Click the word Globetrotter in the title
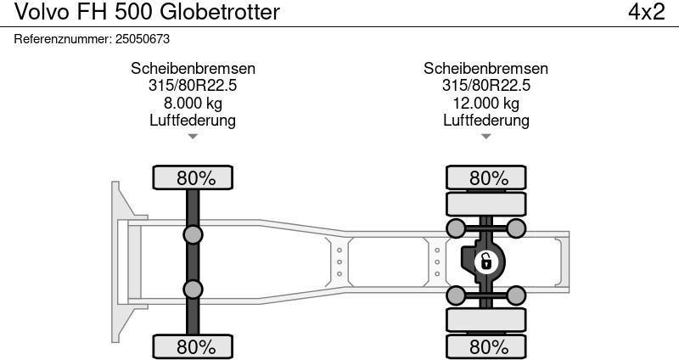click(x=220, y=12)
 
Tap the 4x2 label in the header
click(x=646, y=12)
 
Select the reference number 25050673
click(x=143, y=39)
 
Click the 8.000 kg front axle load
click(x=193, y=103)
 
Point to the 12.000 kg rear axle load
click(x=485, y=103)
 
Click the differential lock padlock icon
click(x=486, y=262)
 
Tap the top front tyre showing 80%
click(x=193, y=177)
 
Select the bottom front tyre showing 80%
click(x=193, y=346)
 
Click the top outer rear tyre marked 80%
click(x=485, y=177)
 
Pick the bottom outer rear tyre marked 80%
click(x=485, y=346)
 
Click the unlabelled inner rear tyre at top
click(x=485, y=204)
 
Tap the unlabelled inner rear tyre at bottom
click(x=485, y=320)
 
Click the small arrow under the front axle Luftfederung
click(x=193, y=137)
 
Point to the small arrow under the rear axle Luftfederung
click(x=485, y=137)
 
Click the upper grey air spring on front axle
click(x=193, y=235)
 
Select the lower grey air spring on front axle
click(x=193, y=290)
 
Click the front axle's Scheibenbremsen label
click(x=193, y=69)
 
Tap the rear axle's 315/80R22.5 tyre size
click(x=485, y=86)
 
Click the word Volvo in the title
click(x=42, y=12)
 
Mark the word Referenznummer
click(x=62, y=39)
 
